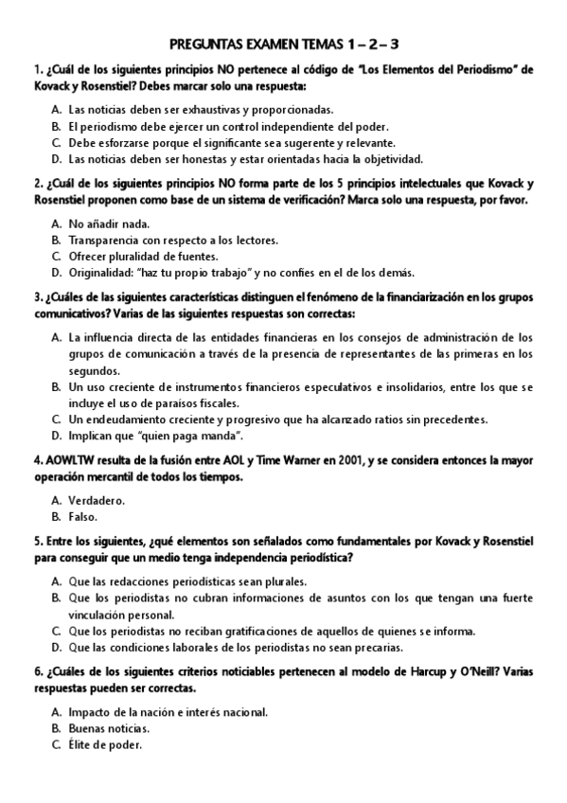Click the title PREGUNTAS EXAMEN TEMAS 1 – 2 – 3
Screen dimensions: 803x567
(283, 44)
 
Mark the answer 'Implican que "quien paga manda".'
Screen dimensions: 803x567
(155, 436)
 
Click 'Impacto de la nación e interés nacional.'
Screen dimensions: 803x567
(168, 711)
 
